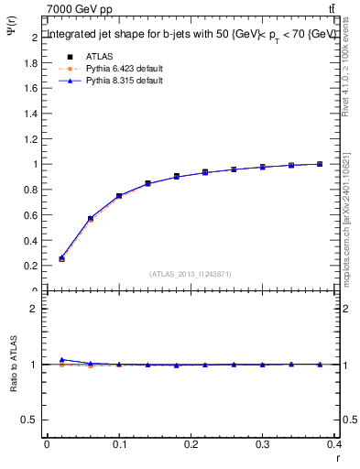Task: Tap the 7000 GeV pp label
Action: (80, 9)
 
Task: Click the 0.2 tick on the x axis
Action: (191, 445)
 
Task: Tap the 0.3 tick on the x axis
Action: (263, 445)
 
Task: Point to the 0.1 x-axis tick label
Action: (118, 445)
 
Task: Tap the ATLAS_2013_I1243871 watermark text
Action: (191, 274)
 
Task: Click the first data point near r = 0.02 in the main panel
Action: (61, 259)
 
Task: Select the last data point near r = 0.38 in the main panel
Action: (320, 164)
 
